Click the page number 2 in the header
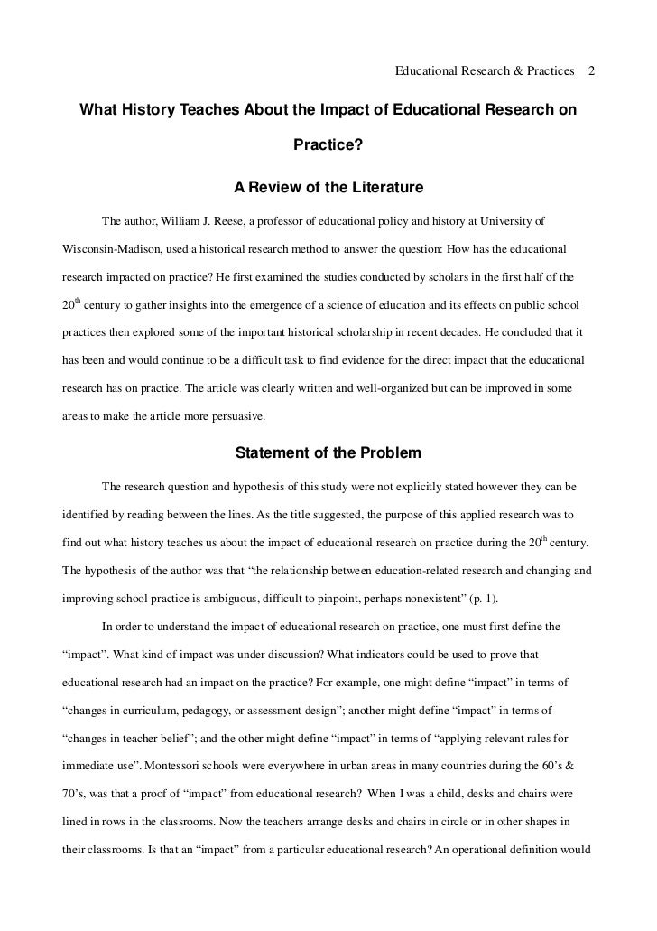(x=591, y=70)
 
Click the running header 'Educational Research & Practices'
(x=486, y=70)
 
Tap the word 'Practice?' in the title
(x=328, y=144)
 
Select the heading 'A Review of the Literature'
(x=328, y=189)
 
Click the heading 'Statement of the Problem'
(x=328, y=452)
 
